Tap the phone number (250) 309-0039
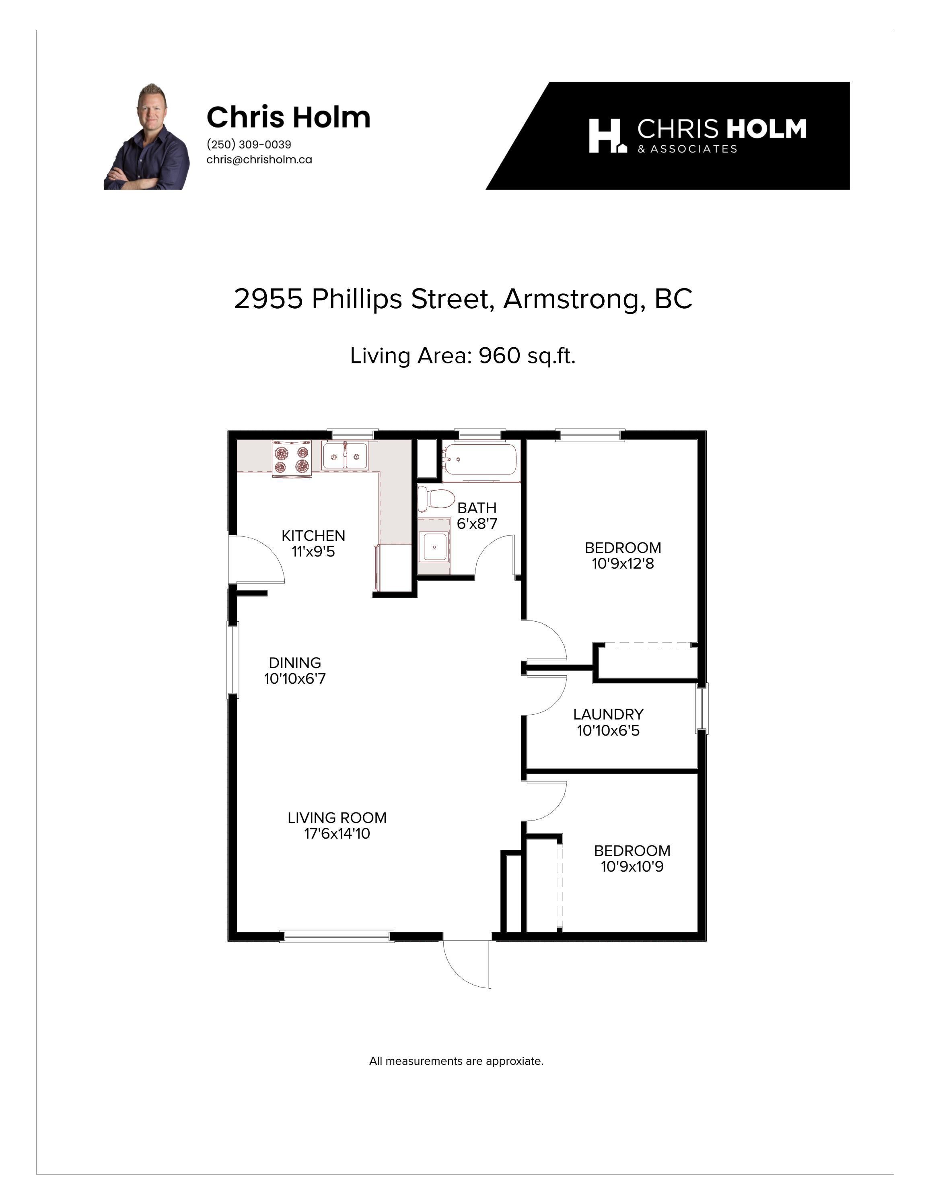(249, 144)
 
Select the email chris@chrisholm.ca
(259, 160)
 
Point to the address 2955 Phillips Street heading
(463, 299)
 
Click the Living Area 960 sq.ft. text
(463, 356)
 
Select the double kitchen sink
(345, 456)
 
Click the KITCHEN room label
(313, 535)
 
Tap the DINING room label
(295, 663)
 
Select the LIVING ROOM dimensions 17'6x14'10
(337, 833)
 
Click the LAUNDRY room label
(608, 714)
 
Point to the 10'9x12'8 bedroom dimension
(623, 564)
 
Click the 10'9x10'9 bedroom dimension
(632, 867)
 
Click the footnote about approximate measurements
(456, 1061)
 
